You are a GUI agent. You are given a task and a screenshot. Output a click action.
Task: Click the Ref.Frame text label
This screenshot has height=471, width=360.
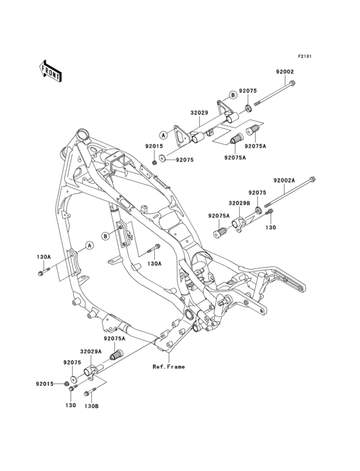tap(169, 367)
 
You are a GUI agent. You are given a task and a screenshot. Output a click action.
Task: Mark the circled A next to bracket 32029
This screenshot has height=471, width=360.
tap(164, 136)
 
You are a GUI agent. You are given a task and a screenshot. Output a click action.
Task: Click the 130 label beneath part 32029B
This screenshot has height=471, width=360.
tap(271, 228)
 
